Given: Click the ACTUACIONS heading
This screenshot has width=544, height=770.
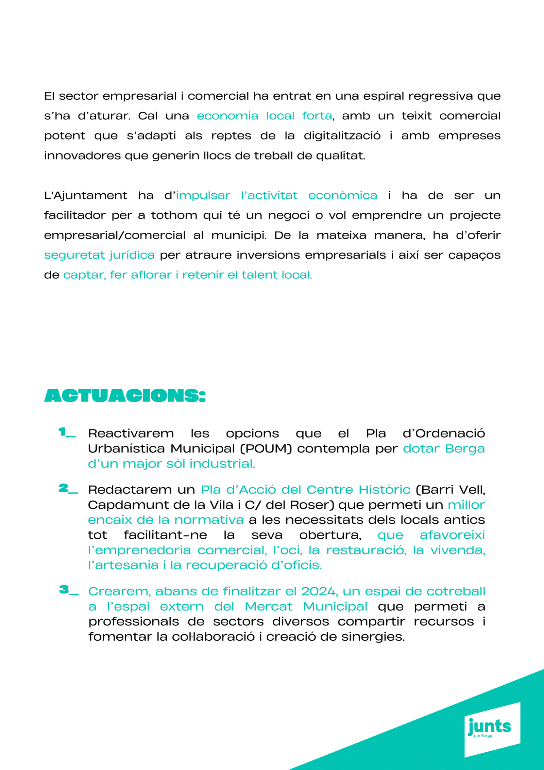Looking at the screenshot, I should (x=125, y=395).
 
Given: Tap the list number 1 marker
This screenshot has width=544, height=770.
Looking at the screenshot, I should (x=67, y=432).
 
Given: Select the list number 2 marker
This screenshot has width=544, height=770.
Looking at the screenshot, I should (x=68, y=489).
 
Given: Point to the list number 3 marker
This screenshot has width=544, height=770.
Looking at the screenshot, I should (x=69, y=590).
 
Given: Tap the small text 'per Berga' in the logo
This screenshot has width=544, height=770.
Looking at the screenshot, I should (x=483, y=736).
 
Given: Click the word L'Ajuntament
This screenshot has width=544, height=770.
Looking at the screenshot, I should (x=85, y=196).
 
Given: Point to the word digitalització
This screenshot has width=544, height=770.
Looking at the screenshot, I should (x=342, y=136).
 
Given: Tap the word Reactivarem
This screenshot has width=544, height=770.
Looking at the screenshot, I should (x=131, y=433).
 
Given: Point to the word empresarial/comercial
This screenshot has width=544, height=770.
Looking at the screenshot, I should (x=115, y=235).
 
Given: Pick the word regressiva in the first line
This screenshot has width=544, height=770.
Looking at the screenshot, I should (x=440, y=96).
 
